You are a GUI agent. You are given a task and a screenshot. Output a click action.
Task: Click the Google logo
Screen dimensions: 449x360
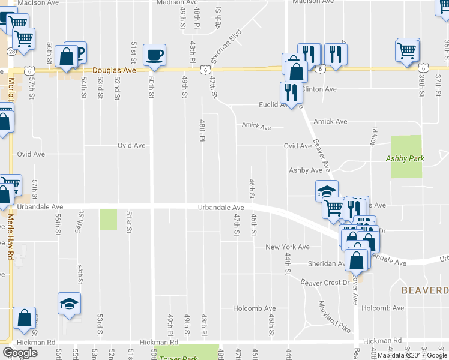[20, 353]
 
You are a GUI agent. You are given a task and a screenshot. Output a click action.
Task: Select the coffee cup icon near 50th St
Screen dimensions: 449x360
[155, 55]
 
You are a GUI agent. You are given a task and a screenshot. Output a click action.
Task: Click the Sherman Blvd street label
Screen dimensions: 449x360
[231, 43]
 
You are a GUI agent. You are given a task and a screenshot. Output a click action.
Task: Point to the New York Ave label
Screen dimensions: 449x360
[288, 247]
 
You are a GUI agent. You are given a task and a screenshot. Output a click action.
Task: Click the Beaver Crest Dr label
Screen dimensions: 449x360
[325, 283]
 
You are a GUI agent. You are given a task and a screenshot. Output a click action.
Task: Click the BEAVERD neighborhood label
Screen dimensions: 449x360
[424, 290]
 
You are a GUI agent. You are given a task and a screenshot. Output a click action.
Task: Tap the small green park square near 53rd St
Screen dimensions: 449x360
[108, 219]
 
